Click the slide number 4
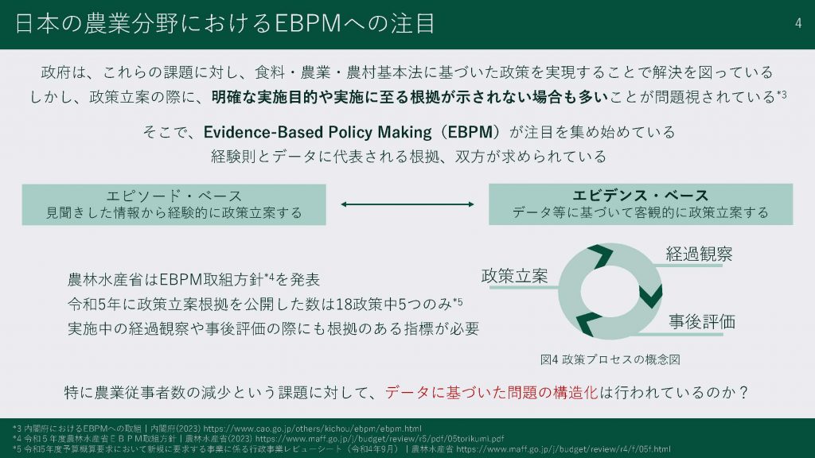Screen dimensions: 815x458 click(x=797, y=23)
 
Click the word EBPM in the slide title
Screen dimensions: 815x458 click(x=307, y=23)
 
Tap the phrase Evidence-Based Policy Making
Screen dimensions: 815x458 click(x=317, y=132)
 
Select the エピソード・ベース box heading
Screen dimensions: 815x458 click(x=174, y=196)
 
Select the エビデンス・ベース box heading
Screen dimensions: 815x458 click(x=641, y=196)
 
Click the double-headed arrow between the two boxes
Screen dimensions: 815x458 click(x=407, y=204)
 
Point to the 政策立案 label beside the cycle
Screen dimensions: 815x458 click(x=515, y=276)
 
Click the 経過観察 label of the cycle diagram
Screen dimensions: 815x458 click(x=699, y=254)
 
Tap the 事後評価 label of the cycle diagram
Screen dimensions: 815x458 click(x=702, y=321)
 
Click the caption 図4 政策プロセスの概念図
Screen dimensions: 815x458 click(x=610, y=359)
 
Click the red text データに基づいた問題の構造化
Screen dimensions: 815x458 click(x=492, y=392)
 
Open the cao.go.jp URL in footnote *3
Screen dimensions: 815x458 click(x=312, y=429)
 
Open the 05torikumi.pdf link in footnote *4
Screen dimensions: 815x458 click(x=380, y=439)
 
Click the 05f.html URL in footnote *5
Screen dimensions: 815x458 click(x=563, y=449)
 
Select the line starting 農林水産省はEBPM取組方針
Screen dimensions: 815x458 click(x=193, y=279)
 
